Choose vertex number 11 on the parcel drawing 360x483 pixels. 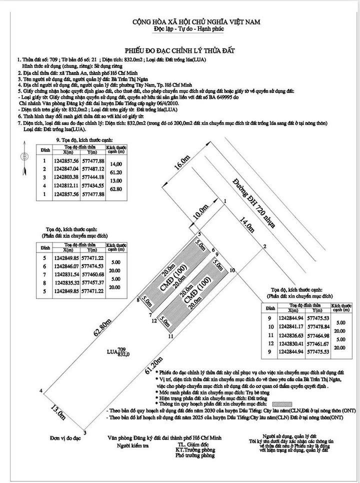coord(170,337)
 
